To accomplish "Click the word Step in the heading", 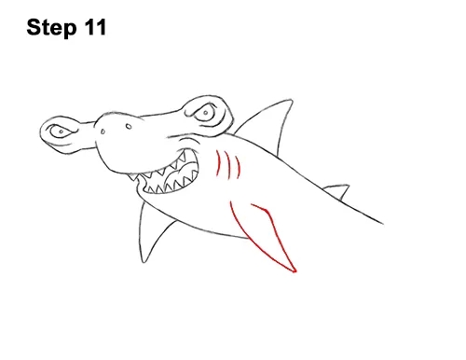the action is pos(51,28).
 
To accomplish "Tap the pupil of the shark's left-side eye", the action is pos(62,132).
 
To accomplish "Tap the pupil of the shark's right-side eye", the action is pos(205,112).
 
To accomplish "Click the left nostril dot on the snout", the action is pos(103,132).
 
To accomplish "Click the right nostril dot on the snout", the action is pos(129,126).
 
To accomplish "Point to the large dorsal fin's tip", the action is pos(292,100).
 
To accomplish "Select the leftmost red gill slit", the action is pos(218,163).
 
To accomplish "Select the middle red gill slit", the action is pos(229,165).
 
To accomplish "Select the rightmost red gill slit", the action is pos(239,167).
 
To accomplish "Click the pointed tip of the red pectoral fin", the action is pos(295,271).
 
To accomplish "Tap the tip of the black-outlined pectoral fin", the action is pos(144,262).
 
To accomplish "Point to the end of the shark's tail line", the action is pos(383,223).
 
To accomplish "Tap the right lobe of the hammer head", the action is pos(208,114).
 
